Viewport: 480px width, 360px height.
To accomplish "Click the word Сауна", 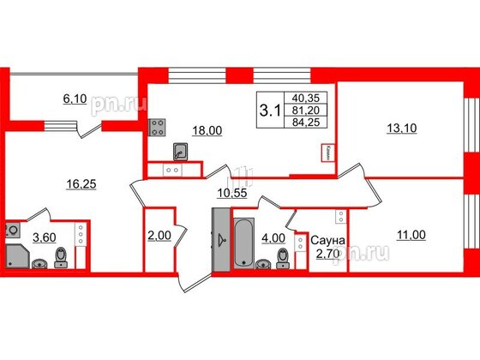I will (x=327, y=242).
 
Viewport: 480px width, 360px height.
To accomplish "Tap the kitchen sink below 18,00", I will (x=183, y=152).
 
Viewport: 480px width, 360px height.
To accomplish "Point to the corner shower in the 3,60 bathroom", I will (x=18, y=255).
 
